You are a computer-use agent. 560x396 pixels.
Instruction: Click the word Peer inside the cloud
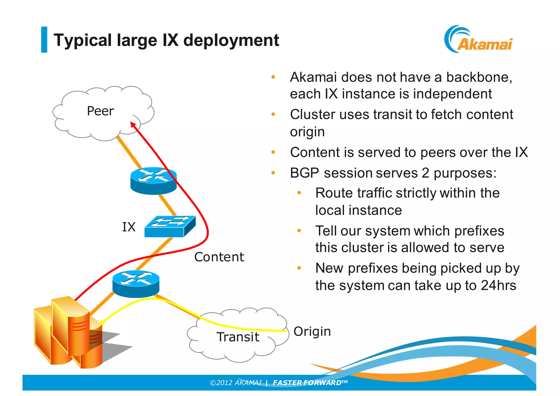coord(100,111)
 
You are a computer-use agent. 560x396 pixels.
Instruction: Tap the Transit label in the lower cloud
coord(238,337)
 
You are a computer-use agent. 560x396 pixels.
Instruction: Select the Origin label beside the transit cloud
coord(312,331)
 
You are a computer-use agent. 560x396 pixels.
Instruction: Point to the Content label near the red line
coord(219,257)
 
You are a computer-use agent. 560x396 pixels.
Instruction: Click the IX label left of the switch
coord(129,227)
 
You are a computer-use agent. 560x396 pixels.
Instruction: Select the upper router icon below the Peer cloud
coord(153,181)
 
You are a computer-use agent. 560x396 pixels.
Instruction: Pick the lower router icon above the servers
coord(136,284)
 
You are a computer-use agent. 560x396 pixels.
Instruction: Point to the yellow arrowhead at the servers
coord(102,322)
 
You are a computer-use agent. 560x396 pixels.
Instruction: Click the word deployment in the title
coord(231,40)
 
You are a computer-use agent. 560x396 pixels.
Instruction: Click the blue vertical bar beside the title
coord(44,39)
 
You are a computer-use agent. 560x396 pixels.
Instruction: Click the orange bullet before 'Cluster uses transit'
coord(273,114)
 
